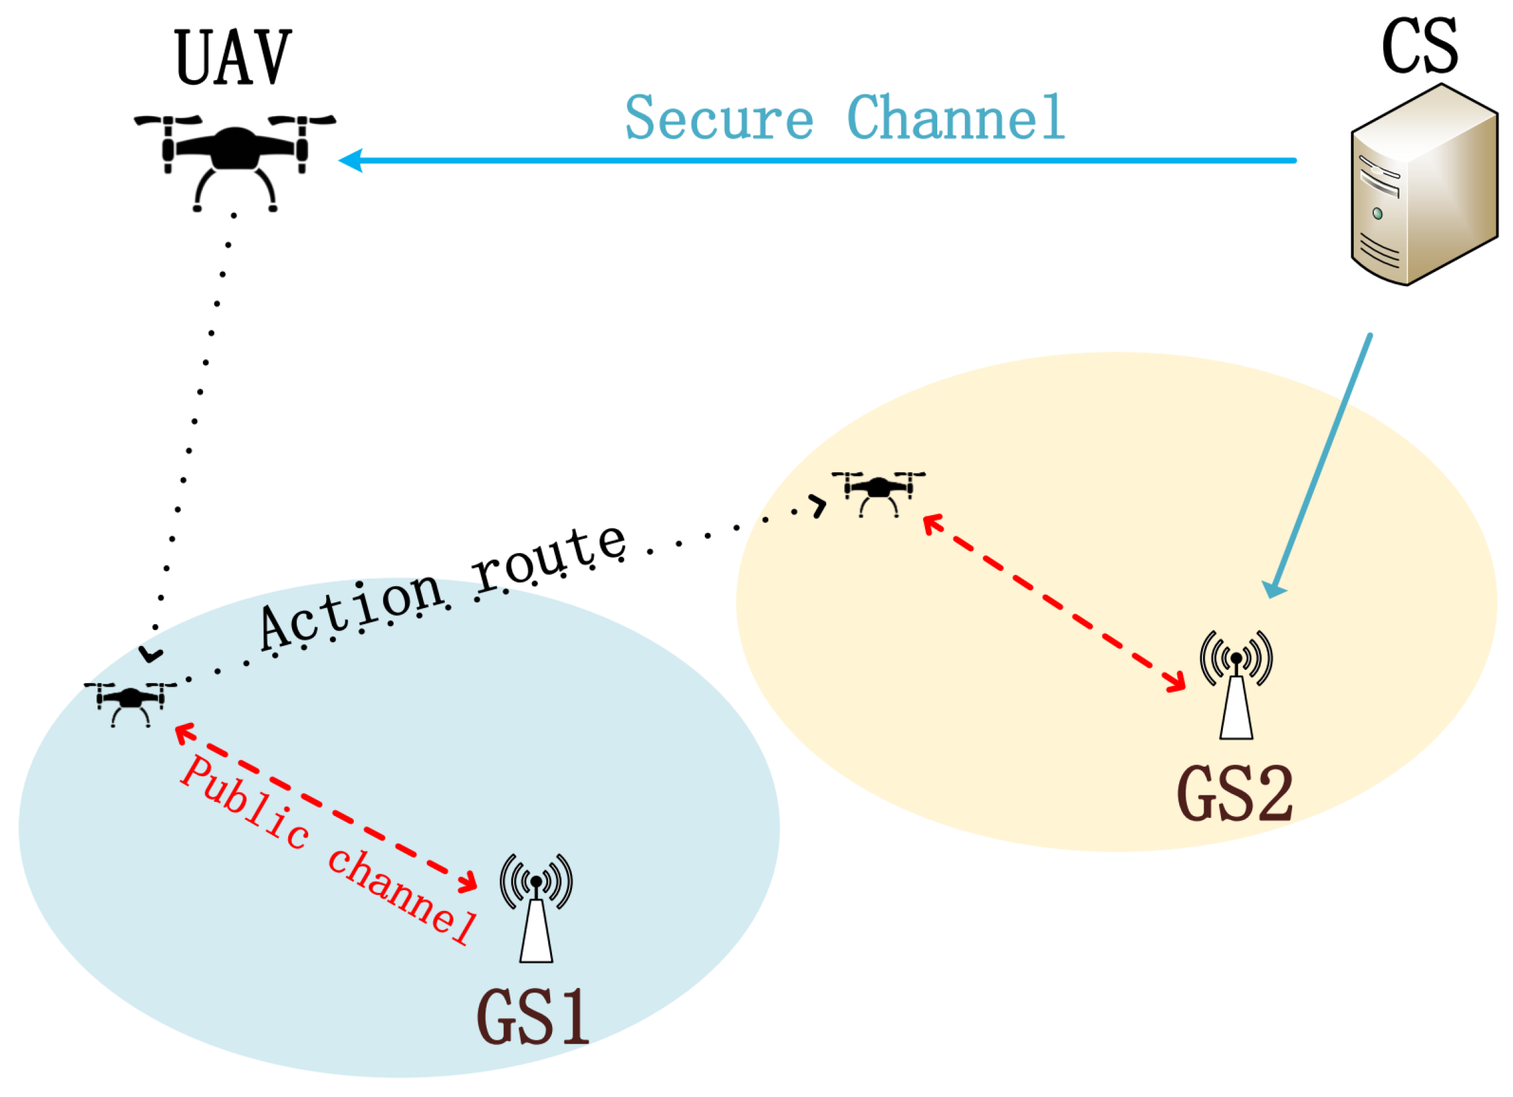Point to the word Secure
click(718, 118)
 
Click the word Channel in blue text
click(955, 118)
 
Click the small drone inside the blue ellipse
click(131, 702)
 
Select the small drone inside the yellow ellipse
click(878, 491)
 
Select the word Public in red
click(244, 804)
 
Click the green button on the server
click(1377, 214)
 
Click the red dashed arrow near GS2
click(1054, 604)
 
